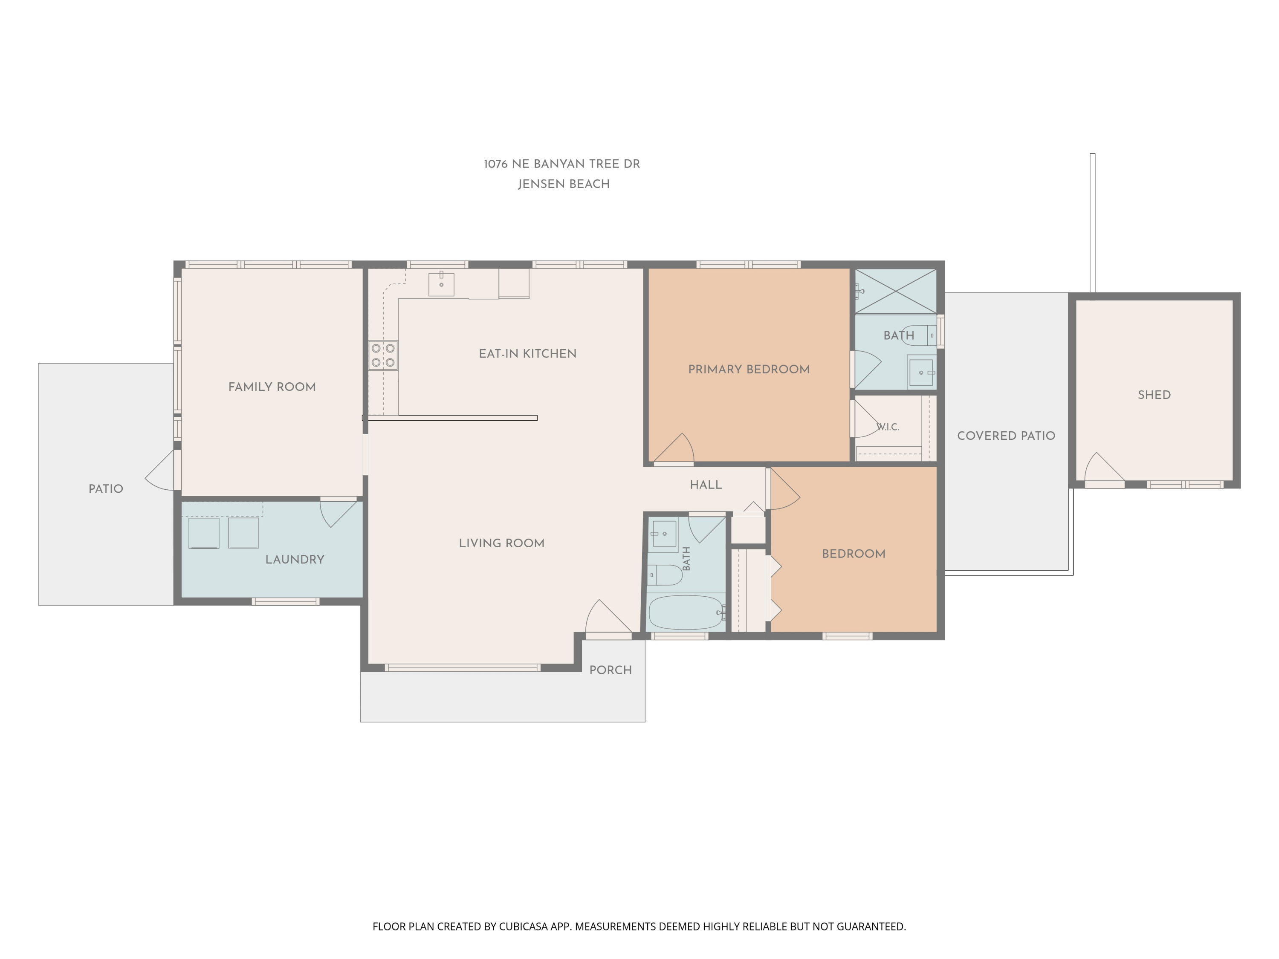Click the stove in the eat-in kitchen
point(383,355)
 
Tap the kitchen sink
point(441,284)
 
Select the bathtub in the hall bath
point(686,612)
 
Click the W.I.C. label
point(888,427)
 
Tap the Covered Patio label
point(1006,436)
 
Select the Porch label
point(610,670)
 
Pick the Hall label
point(706,485)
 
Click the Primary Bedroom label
point(749,370)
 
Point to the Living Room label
point(501,543)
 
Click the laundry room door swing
point(338,514)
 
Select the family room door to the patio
point(160,471)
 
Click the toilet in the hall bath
point(665,575)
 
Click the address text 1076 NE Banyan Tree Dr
point(562,164)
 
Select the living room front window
point(463,667)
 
